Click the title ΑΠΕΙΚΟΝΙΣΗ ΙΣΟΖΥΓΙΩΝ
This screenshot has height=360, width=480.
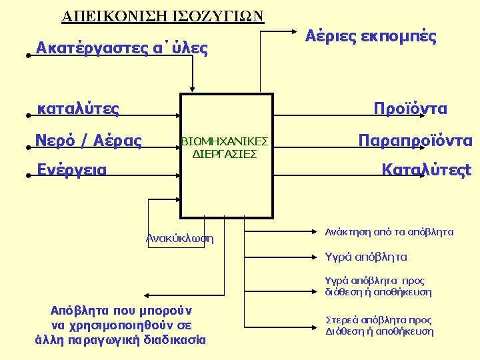coord(163,15)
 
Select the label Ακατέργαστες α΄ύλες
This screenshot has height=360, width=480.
coord(122,48)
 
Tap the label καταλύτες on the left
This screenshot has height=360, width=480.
coord(79,109)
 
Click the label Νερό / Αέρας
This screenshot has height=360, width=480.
coord(89,141)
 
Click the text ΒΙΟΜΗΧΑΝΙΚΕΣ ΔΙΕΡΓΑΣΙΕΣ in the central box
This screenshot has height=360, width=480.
coord(225,147)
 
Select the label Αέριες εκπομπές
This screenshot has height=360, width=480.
coord(371,37)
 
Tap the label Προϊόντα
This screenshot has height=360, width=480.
coord(411,109)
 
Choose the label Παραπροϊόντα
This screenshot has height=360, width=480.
coord(415,141)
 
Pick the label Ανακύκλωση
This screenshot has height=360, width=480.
coord(179,238)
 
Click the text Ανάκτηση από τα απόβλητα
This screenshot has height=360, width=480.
coord(389,232)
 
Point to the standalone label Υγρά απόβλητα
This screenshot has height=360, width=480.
coord(365,257)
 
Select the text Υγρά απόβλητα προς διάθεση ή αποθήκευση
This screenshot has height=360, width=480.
coord(378,286)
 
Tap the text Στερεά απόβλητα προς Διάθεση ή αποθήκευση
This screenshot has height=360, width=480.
coord(379,325)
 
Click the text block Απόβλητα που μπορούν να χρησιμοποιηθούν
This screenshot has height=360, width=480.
coord(121,325)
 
